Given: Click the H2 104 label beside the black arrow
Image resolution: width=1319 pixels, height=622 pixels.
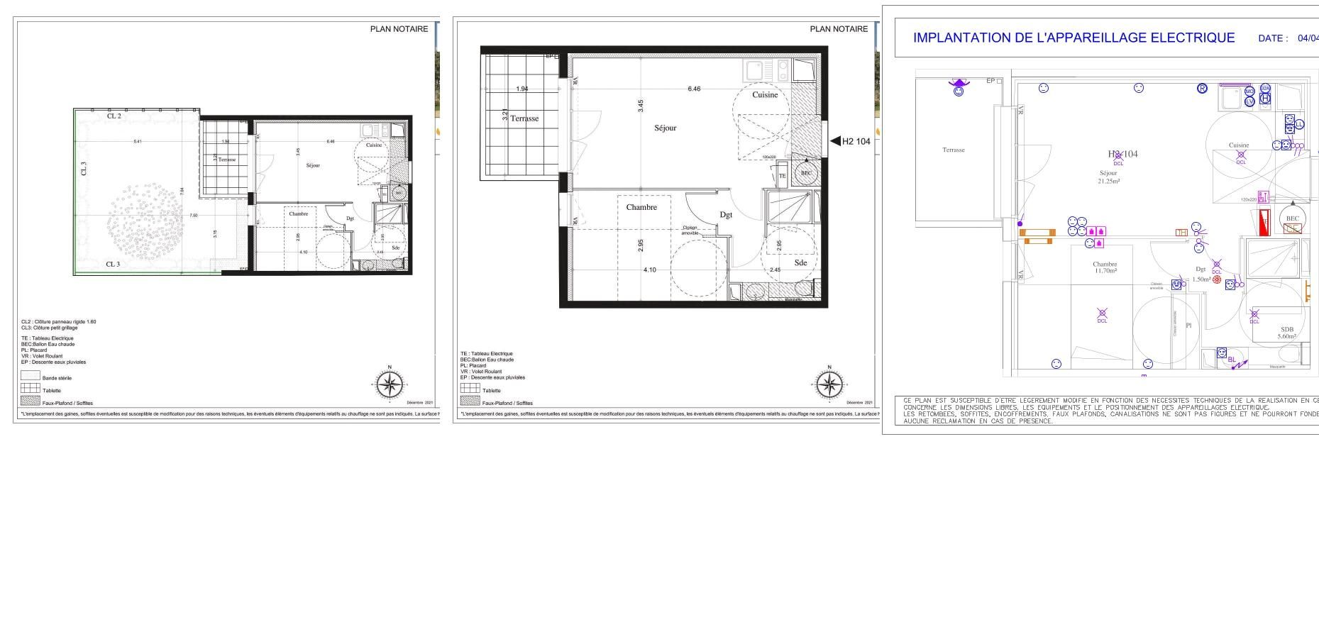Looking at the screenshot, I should coord(856,141).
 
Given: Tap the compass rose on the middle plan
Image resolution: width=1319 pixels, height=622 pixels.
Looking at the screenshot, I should coord(828,385).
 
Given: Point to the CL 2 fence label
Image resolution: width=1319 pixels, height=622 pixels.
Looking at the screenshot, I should coord(114,116).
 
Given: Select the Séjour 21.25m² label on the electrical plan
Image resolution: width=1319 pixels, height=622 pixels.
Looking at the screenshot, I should coord(1108,177).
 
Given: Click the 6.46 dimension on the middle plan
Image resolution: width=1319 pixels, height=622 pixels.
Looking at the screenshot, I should coord(694,89).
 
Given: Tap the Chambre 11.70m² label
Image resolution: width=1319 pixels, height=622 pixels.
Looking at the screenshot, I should coord(1105,267).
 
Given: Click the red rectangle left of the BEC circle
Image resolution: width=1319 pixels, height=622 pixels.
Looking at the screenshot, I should coord(1264,223).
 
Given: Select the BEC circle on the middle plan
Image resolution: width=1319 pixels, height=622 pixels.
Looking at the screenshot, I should coord(806,173).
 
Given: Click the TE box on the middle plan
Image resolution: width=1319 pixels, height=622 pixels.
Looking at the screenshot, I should coord(783,175).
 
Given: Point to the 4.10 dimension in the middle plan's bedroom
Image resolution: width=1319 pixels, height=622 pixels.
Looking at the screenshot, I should coord(650,270).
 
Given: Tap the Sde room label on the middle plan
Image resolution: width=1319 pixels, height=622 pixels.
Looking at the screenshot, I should coord(800,263).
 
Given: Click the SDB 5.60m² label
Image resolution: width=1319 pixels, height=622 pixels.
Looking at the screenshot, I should coord(1287,333).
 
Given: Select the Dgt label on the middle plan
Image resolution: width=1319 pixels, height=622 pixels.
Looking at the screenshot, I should coord(726,215).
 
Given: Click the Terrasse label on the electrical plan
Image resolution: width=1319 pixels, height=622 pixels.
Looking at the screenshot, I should coord(954,150).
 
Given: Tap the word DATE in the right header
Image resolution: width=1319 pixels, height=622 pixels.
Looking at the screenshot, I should coord(1273,39).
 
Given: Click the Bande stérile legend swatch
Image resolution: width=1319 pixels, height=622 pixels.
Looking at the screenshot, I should coord(30,376).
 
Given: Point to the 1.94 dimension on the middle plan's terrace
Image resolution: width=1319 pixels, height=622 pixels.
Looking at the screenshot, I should coord(522,89).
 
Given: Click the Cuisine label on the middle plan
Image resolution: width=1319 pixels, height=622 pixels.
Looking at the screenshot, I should coord(765,95).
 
